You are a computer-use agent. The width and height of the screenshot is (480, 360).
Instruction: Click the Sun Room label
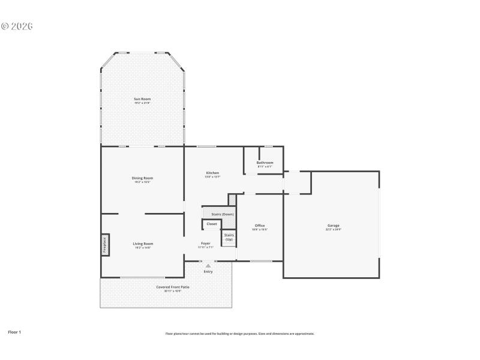142,98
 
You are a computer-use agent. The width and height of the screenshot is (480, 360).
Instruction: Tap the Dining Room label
142,178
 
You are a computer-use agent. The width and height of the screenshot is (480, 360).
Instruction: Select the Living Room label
143,244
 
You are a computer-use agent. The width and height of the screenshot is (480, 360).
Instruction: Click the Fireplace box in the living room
104,245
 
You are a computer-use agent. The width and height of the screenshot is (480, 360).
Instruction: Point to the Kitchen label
212,173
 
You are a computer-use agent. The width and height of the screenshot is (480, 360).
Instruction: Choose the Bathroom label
265,163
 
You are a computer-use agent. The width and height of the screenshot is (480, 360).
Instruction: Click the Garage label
333,226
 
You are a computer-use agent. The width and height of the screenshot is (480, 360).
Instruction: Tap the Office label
260,226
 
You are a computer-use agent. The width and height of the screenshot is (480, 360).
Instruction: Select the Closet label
212,224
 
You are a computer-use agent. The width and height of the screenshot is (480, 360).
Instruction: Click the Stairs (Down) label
223,214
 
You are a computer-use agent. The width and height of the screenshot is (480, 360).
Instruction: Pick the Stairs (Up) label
229,237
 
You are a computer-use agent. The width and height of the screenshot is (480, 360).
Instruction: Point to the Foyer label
205,243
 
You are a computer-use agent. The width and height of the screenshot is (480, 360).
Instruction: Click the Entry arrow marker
208,265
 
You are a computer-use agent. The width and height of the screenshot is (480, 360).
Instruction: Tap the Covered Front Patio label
173,287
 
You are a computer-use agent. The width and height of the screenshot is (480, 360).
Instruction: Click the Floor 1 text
14,332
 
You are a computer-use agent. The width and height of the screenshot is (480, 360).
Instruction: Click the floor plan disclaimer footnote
239,334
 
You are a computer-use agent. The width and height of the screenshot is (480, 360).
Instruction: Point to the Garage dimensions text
333,230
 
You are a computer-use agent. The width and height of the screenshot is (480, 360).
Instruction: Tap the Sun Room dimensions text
142,103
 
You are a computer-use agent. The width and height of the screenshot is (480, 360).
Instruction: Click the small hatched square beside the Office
233,199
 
